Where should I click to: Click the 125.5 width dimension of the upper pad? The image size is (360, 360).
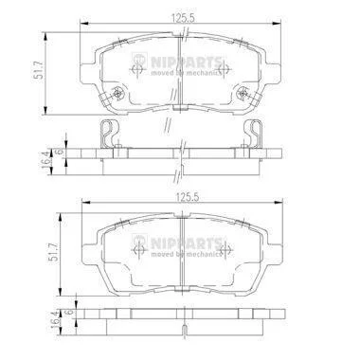point(182,19)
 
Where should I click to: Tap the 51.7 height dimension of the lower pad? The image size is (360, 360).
point(53,252)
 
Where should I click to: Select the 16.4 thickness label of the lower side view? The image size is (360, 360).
point(55,319)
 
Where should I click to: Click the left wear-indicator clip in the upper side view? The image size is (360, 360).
point(106,134)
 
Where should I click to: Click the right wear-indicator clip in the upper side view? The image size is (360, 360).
point(254,134)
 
